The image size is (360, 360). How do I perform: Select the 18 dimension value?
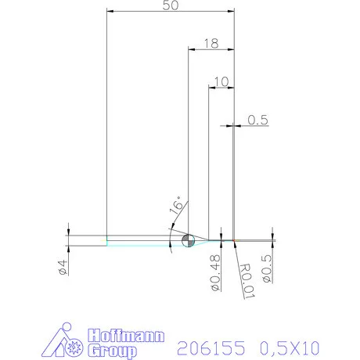210,44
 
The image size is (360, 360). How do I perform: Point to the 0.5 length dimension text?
258,120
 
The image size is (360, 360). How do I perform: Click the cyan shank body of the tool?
141,240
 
